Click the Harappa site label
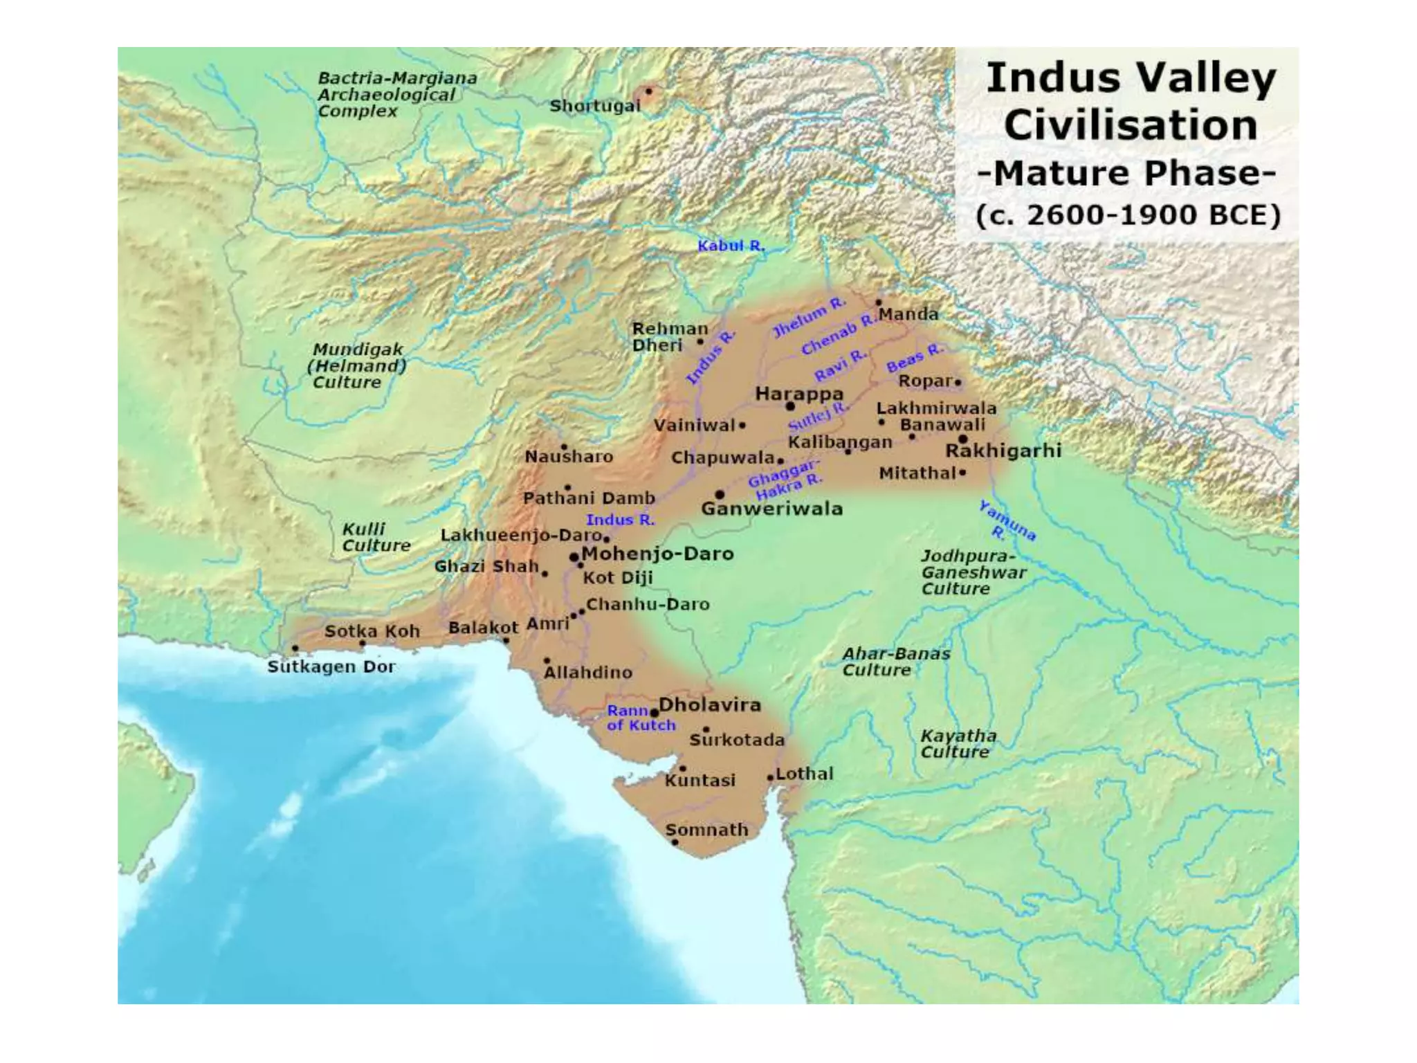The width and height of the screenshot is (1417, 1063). click(799, 394)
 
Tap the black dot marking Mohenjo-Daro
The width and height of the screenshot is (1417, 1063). click(574, 557)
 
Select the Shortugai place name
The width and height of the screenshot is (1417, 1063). click(595, 106)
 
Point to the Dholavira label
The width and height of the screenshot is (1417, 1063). click(709, 705)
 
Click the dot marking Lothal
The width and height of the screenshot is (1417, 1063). click(770, 778)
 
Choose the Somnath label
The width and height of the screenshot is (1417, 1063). click(706, 829)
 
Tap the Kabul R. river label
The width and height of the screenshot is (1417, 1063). click(731, 246)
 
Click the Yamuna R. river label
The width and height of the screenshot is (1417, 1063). click(1007, 521)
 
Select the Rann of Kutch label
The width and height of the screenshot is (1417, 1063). click(640, 718)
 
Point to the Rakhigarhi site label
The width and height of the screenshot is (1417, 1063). click(1003, 451)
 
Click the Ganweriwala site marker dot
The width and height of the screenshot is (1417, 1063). click(720, 494)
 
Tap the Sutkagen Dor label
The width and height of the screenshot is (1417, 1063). click(331, 666)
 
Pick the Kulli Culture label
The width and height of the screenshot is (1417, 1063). click(376, 537)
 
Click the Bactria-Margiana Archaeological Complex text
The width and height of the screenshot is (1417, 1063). click(396, 95)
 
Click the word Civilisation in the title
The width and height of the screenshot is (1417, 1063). click(1131, 125)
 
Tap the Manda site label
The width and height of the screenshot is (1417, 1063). click(908, 314)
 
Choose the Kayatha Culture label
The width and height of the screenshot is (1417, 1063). click(958, 743)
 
